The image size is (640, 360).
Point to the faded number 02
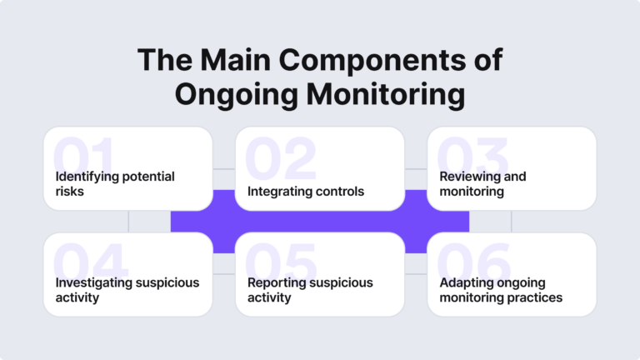280,159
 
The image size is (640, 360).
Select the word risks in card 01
71,191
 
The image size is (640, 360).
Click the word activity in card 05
269,297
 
